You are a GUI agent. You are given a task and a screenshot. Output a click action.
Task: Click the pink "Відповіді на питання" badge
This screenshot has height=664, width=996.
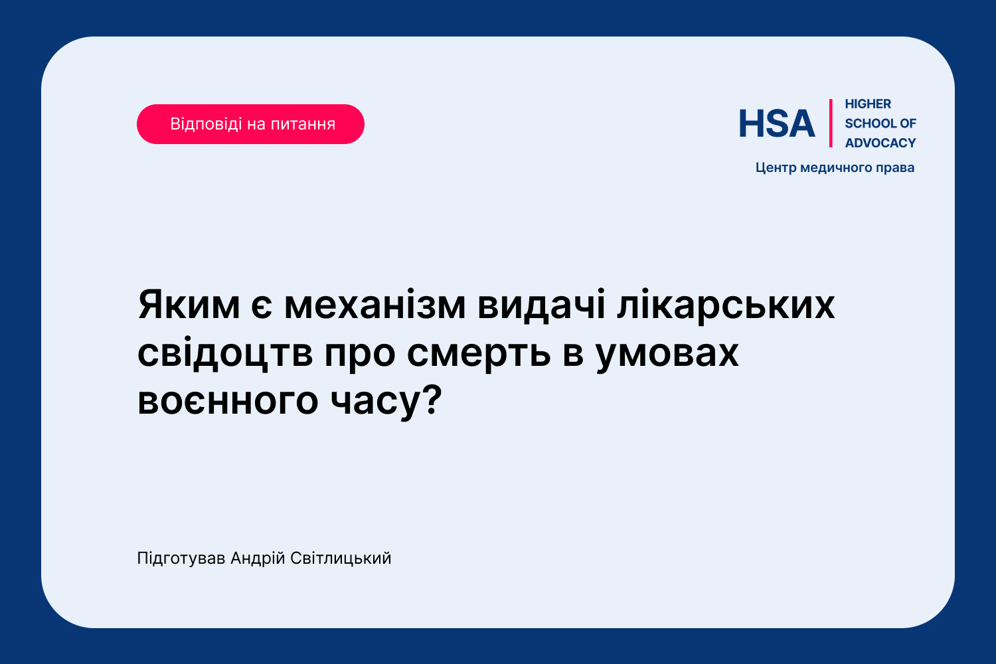coord(250,124)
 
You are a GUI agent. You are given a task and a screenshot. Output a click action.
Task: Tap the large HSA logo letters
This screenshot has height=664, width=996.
coord(777,124)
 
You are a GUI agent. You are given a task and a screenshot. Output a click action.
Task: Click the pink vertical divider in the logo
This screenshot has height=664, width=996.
coord(831,124)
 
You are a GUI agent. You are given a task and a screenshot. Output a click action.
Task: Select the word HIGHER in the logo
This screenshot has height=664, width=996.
coord(868,104)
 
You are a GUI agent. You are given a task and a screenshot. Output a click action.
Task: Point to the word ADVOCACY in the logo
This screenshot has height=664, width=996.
coord(880,143)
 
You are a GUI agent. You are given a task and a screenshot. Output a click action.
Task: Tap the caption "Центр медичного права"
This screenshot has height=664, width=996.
coord(835,168)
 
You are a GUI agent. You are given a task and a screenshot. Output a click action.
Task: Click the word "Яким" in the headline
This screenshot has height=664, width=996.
coord(189,305)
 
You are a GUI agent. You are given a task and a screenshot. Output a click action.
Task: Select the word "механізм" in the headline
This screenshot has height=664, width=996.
coord(375,305)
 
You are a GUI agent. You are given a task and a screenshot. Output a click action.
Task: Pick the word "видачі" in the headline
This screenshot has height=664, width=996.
coord(541,305)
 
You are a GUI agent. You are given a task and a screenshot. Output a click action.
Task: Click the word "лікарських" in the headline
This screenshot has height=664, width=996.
coord(726,305)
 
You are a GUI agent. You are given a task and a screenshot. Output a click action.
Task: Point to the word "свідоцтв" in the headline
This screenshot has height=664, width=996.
coord(225,353)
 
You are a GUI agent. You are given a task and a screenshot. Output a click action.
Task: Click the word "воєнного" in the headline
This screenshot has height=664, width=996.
coord(228,400)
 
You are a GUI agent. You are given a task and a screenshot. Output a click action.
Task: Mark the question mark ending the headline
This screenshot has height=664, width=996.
coord(433,398)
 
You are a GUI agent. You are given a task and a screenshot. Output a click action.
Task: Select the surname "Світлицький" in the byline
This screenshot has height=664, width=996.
coord(341,558)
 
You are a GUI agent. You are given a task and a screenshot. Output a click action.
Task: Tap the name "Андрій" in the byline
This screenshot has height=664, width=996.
coord(258,558)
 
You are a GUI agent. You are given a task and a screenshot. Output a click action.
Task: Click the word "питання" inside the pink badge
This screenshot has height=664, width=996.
coord(303,125)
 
